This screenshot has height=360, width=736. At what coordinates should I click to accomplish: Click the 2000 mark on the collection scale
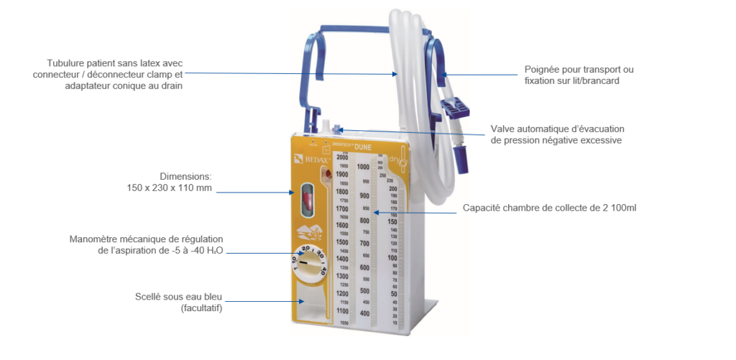(341, 157)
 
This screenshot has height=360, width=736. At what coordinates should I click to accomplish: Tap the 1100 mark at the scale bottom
(341, 310)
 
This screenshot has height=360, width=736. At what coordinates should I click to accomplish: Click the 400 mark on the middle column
(364, 314)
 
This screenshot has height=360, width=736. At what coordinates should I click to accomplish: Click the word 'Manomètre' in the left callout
(96, 239)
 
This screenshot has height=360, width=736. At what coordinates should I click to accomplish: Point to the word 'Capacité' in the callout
(481, 208)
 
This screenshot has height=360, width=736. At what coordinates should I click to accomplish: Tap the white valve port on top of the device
(325, 127)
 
